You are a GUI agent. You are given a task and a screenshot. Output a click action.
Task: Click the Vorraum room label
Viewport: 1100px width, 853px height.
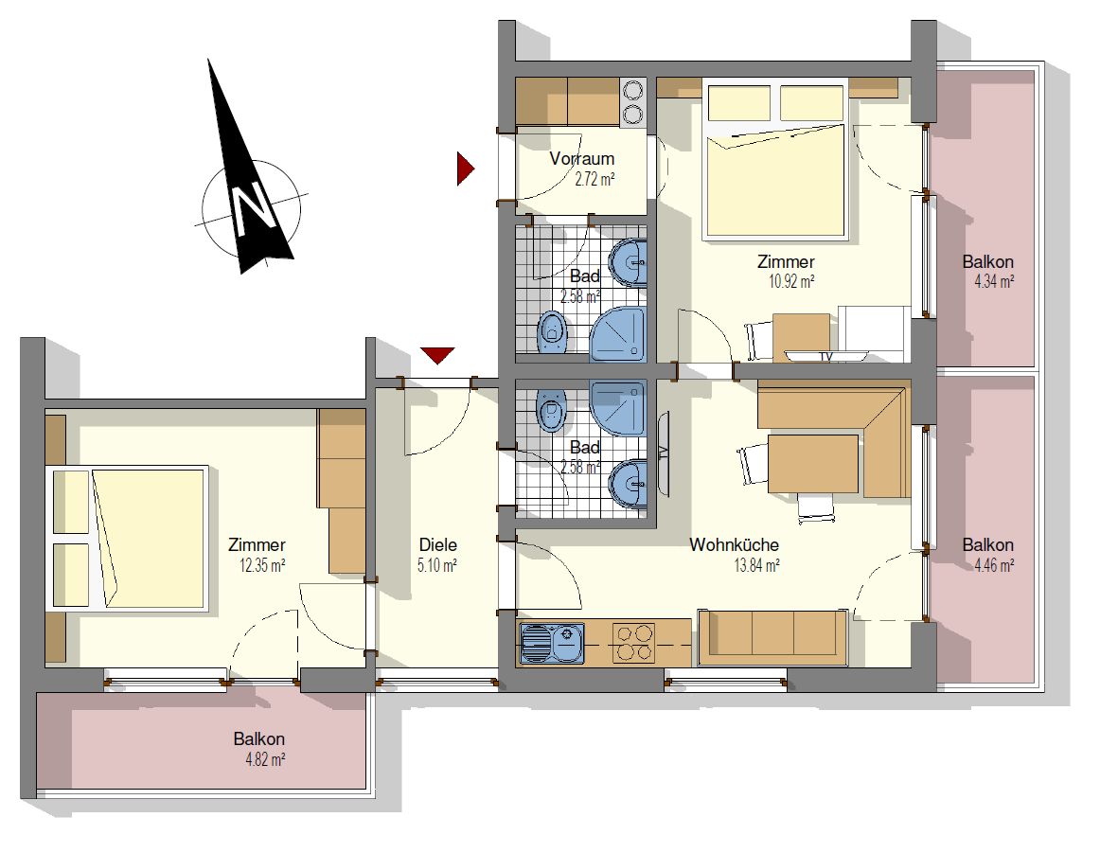[581, 158]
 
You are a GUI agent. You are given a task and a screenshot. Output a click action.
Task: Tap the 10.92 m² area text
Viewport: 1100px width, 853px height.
[791, 282]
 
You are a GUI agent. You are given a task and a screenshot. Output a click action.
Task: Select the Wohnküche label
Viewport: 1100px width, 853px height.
[734, 544]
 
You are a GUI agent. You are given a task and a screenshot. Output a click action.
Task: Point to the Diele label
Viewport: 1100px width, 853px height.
[437, 544]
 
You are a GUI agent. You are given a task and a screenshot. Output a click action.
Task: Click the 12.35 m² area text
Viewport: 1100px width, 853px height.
[262, 565]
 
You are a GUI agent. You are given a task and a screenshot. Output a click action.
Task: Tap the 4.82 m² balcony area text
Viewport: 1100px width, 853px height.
[265, 759]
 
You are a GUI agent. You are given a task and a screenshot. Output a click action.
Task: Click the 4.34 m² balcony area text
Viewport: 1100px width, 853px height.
[994, 282]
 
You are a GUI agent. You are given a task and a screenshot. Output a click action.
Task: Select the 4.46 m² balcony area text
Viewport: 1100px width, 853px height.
[994, 565]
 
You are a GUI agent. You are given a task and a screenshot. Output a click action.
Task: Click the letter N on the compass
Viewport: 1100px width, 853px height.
[251, 208]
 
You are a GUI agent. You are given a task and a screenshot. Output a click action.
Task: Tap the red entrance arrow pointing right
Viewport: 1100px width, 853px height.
[465, 169]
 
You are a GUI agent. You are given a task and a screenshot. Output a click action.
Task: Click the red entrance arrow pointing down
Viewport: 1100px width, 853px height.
[437, 355]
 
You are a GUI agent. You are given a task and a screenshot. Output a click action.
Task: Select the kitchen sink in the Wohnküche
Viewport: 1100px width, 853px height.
[552, 643]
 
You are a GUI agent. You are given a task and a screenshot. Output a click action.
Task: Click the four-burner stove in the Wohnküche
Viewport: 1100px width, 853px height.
[633, 643]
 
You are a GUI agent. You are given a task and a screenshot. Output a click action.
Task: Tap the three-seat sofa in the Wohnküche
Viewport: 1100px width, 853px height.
[772, 637]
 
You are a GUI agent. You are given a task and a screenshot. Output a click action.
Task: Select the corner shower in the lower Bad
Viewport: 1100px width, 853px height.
[617, 408]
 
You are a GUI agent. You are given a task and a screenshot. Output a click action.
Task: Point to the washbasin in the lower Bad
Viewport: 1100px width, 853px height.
[629, 484]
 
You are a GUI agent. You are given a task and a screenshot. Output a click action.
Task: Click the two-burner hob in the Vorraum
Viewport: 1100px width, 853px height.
[633, 102]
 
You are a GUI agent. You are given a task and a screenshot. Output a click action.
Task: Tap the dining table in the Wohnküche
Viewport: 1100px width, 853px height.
[813, 464]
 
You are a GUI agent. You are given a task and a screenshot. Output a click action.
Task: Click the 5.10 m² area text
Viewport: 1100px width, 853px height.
[437, 565]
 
